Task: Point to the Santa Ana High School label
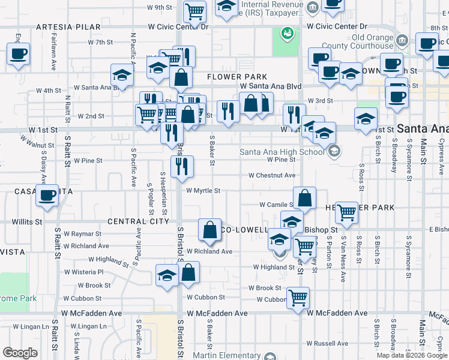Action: click(283, 151)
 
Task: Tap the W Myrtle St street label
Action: click(203, 191)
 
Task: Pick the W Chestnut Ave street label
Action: click(273, 175)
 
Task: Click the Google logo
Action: click(20, 352)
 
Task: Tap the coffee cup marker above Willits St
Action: click(47, 195)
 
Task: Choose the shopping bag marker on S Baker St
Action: click(209, 229)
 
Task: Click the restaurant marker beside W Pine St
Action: click(181, 166)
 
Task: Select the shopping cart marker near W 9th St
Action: click(194, 10)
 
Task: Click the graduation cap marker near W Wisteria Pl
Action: click(167, 275)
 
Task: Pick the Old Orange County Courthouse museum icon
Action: click(402, 41)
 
